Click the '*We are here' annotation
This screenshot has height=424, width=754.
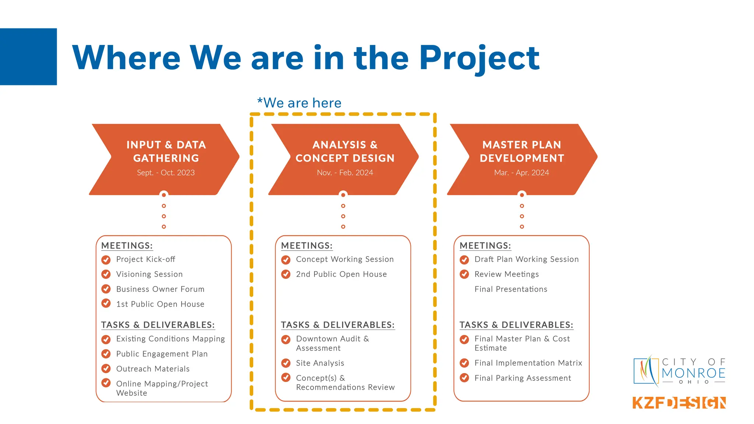(x=299, y=103)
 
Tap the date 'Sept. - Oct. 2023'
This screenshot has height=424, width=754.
(x=166, y=173)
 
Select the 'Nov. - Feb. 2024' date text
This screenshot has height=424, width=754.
(x=345, y=173)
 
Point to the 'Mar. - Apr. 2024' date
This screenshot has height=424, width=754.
(x=521, y=173)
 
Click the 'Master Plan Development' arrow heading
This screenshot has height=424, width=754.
(x=522, y=151)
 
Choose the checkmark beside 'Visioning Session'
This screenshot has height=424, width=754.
(x=106, y=275)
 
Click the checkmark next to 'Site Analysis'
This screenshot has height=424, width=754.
(x=286, y=363)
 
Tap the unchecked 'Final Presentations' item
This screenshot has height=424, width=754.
(x=511, y=289)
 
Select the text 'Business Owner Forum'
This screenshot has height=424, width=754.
(x=160, y=289)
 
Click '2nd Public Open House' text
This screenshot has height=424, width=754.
(x=341, y=274)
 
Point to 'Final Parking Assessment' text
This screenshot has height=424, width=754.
(x=522, y=378)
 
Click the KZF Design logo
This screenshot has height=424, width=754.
(x=679, y=403)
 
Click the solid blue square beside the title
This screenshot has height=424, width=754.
(x=28, y=57)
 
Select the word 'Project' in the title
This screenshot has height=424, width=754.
(x=479, y=58)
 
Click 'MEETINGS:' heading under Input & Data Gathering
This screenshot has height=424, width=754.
(x=127, y=246)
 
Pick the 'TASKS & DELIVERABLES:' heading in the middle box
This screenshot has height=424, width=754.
(x=338, y=325)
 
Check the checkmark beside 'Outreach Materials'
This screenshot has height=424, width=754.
(x=106, y=369)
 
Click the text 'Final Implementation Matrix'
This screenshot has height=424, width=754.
(x=528, y=363)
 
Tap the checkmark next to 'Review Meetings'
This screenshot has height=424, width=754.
(x=465, y=275)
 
